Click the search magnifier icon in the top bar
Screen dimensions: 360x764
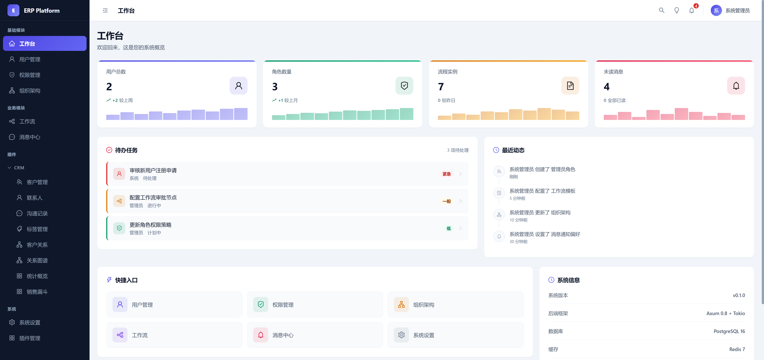coord(661,10)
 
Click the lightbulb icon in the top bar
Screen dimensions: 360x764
coord(677,10)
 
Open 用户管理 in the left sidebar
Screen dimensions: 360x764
coord(30,59)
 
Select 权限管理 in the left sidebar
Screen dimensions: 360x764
coord(30,75)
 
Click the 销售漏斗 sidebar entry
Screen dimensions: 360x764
coord(37,292)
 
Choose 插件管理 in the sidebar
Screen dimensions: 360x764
coord(30,338)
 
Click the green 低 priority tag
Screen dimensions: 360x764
coord(448,228)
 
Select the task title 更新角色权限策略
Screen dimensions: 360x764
coord(150,225)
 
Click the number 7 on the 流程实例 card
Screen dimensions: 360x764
coord(441,87)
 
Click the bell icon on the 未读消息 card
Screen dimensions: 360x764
coord(736,86)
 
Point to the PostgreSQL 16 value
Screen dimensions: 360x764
coord(729,331)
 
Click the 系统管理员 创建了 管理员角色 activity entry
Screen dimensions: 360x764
coord(542,169)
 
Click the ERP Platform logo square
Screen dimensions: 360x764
coord(13,10)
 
